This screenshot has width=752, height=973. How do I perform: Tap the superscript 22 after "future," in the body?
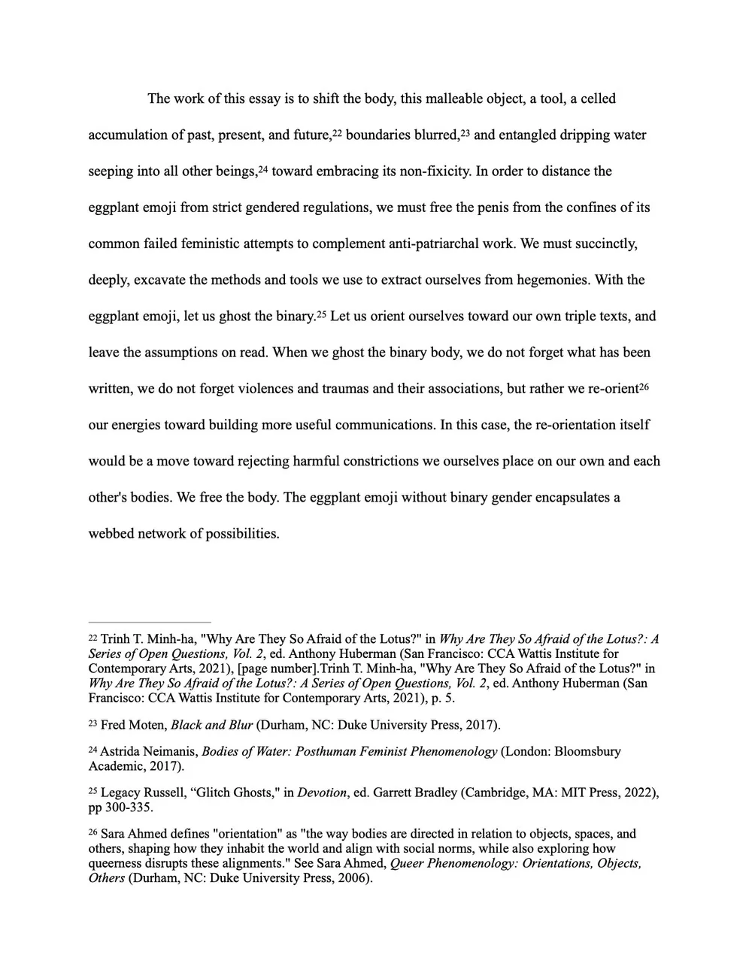click(338, 133)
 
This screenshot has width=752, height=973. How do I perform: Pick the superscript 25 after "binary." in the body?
click(321, 314)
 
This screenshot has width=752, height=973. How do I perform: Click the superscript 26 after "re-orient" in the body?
click(644, 386)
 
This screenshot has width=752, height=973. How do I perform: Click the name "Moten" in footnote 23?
click(148, 726)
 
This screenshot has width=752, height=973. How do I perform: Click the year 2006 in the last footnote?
click(352, 878)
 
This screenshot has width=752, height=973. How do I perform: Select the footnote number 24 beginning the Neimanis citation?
click(92, 750)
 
